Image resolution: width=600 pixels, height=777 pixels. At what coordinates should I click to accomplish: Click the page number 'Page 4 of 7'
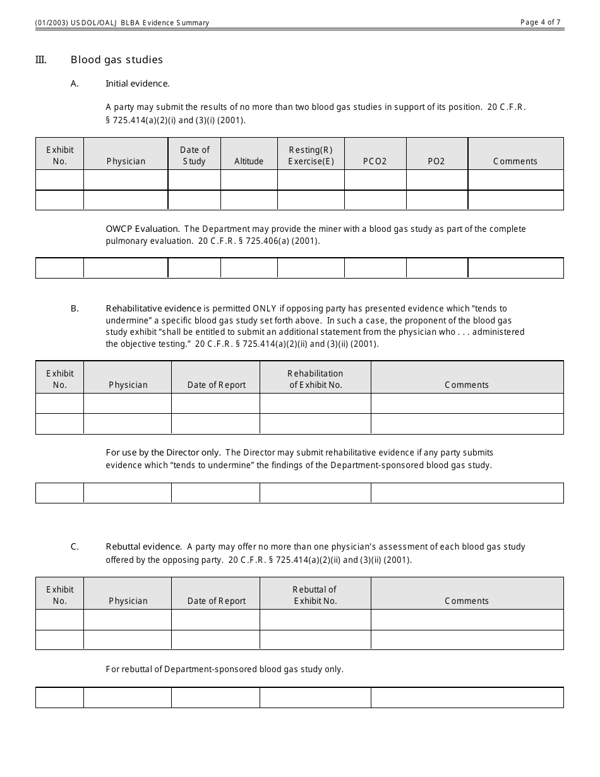click(x=540, y=22)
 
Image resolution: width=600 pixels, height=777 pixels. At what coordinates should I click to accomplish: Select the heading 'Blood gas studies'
click(x=117, y=60)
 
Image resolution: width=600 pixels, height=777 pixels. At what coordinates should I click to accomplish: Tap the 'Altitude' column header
click(x=249, y=161)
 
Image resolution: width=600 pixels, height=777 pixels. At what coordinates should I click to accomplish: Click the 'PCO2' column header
click(x=375, y=161)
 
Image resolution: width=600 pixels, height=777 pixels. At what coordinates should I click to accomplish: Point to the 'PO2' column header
click(x=436, y=161)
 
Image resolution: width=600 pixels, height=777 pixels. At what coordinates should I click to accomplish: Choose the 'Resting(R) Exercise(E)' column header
click(x=311, y=155)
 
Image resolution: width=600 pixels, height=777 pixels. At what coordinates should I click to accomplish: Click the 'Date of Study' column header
click(x=195, y=155)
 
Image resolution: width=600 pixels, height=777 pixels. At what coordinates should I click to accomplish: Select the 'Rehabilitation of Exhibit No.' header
click(x=315, y=379)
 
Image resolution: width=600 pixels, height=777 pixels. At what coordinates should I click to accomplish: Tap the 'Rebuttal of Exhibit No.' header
click(x=315, y=595)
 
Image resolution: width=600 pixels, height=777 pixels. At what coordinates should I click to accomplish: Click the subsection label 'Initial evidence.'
click(x=138, y=83)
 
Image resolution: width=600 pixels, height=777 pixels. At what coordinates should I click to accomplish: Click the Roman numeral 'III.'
click(x=41, y=60)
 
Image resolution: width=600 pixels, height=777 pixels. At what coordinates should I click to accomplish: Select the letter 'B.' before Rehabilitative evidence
click(x=75, y=309)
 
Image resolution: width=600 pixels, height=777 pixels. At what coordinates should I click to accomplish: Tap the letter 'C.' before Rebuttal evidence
click(x=75, y=547)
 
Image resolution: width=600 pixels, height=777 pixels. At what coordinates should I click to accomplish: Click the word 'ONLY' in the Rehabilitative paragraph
click(x=265, y=309)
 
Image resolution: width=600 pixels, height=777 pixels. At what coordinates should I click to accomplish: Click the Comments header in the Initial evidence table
click(x=515, y=161)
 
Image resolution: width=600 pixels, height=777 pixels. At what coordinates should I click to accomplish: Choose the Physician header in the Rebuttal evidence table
click(x=128, y=601)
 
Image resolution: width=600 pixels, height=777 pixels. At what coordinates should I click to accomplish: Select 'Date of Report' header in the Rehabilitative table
click(x=216, y=385)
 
